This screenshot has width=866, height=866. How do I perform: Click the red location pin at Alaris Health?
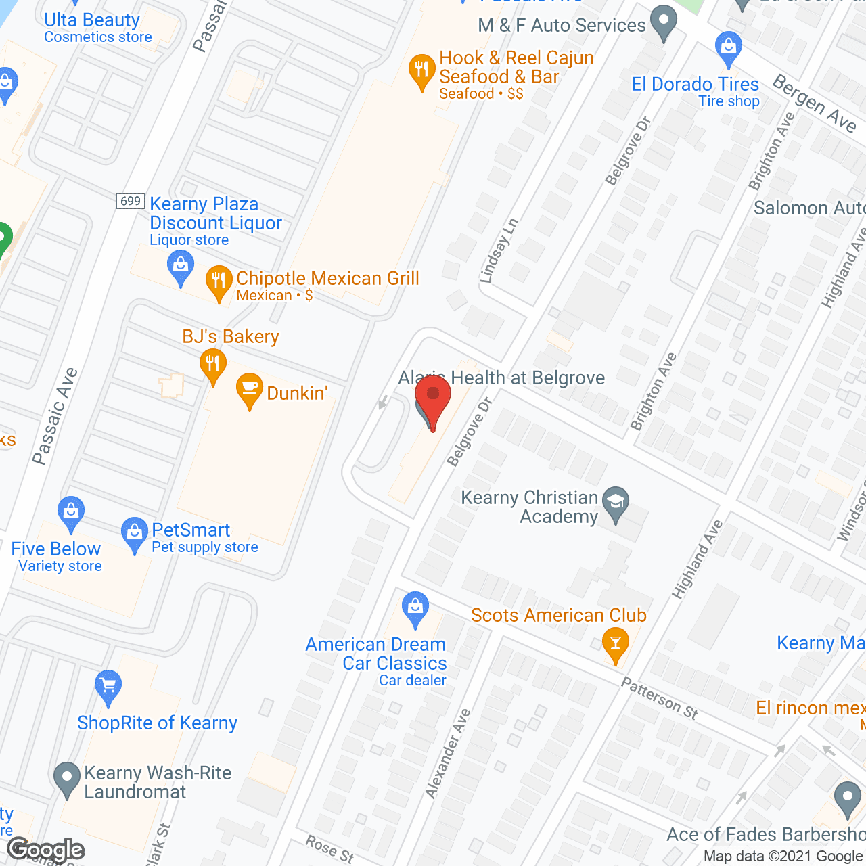pos(433,396)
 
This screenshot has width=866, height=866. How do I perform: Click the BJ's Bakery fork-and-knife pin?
pos(213,364)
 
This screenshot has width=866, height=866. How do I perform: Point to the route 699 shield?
pos(130,201)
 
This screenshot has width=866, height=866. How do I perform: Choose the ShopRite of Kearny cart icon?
pos(108,686)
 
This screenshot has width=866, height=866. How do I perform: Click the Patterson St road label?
pos(660,698)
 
